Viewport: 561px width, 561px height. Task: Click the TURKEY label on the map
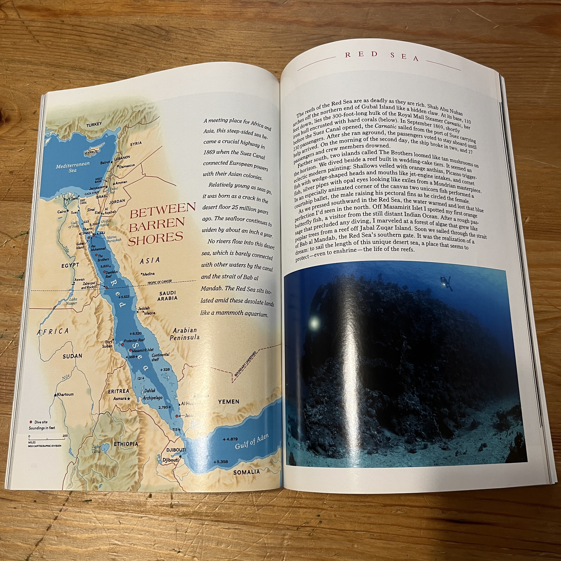coord(94,124)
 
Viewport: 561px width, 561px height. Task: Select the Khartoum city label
coord(65,394)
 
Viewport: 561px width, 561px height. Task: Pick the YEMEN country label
coord(229,402)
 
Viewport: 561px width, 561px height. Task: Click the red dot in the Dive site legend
coord(31,422)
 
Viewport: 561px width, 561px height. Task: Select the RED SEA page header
coord(382,56)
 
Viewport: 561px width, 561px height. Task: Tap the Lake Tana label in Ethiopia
coord(96,449)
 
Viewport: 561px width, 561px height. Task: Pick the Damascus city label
coord(127,166)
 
